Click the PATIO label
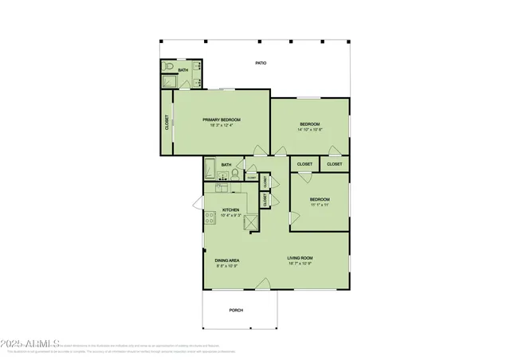pos(261,63)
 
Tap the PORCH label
pos(236,310)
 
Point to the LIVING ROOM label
pos(300,257)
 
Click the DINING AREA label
pos(227,260)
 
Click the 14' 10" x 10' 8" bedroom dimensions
pos(310,130)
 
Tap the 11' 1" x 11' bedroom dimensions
pos(319,205)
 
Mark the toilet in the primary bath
pos(167,68)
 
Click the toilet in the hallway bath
pos(234,170)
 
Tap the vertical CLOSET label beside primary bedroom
pos(167,123)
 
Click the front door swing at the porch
pos(265,282)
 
